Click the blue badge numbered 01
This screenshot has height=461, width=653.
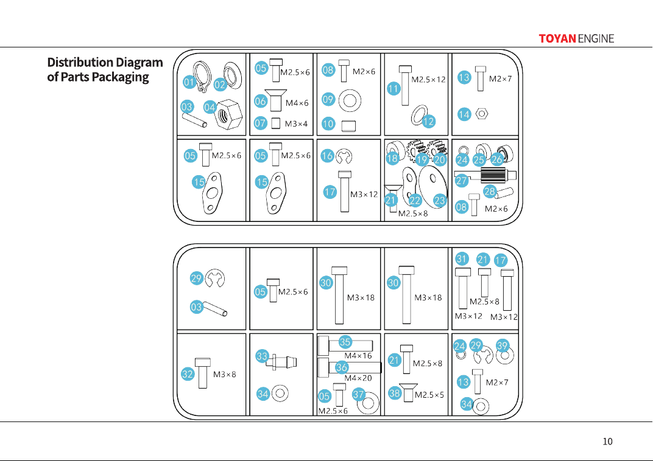click(x=189, y=82)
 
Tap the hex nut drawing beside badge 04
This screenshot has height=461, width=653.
click(x=228, y=114)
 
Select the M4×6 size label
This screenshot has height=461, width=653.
click(x=297, y=103)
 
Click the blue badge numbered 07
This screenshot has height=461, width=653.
click(x=260, y=123)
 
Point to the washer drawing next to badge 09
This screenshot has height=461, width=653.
click(x=350, y=100)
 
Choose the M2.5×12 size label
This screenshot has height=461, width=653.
click(x=428, y=80)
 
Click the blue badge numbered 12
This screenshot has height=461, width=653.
click(x=429, y=122)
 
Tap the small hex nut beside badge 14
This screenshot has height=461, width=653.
click(x=482, y=113)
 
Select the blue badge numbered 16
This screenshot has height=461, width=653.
click(x=327, y=156)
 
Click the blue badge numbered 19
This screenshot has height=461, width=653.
click(x=422, y=159)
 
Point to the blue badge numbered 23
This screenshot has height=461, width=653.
click(x=440, y=200)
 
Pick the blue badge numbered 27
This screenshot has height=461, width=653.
click(x=462, y=181)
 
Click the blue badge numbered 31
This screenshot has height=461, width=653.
click(x=462, y=258)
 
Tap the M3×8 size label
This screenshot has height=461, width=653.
click(x=224, y=375)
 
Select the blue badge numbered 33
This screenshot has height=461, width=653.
click(x=262, y=356)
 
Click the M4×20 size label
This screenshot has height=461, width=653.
click(x=358, y=378)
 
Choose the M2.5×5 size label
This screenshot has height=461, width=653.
click(x=429, y=395)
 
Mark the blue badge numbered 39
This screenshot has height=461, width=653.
click(x=503, y=346)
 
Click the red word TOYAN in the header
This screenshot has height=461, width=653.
click(x=557, y=39)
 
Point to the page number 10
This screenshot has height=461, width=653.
click(x=607, y=442)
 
